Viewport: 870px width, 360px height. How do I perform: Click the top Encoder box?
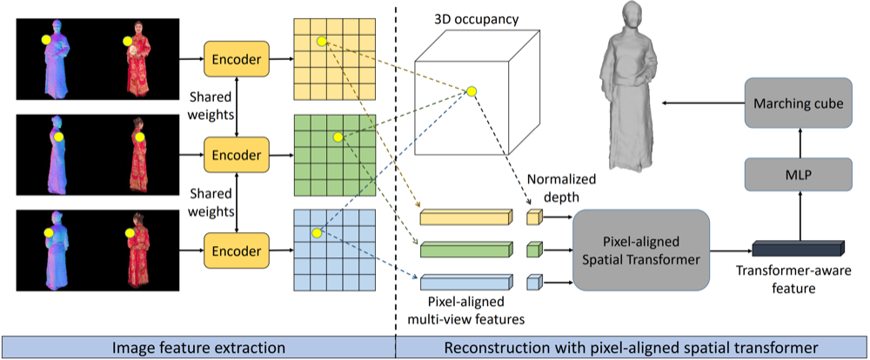(236, 59)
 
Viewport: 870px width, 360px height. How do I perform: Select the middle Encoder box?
(236, 156)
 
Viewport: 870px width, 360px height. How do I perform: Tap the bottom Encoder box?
(236, 251)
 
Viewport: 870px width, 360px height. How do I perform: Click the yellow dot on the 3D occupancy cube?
(472, 91)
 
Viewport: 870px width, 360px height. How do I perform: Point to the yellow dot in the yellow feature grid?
(321, 42)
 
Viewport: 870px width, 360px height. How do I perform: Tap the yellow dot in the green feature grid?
(337, 137)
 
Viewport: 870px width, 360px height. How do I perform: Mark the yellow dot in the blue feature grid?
(318, 233)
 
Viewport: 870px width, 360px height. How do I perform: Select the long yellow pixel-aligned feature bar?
(464, 217)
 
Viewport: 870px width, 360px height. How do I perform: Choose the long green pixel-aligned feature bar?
(464, 250)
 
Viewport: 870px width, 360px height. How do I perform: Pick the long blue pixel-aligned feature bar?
(464, 283)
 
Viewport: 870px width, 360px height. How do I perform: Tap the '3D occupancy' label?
(478, 19)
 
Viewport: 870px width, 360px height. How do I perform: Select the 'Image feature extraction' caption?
(200, 347)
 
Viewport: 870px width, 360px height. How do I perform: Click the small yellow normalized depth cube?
(534, 217)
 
